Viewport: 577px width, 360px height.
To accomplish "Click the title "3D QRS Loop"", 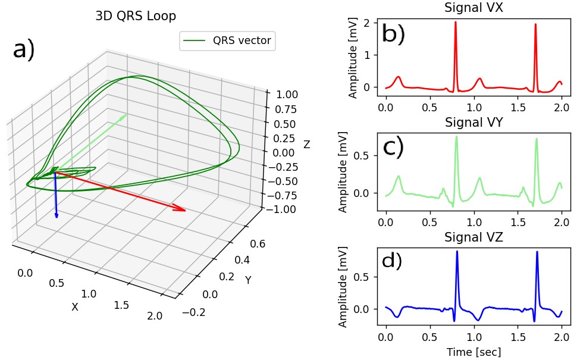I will [x=136, y=17].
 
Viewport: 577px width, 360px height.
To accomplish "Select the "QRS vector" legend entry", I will [x=227, y=40].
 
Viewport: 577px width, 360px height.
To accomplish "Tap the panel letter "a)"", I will [x=24, y=51].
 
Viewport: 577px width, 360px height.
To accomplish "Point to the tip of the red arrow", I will [x=186, y=211].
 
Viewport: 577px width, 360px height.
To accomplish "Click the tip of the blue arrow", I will [x=57, y=218].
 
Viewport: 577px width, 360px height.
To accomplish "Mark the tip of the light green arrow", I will [x=127, y=114].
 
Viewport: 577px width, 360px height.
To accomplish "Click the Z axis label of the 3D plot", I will [x=306, y=145].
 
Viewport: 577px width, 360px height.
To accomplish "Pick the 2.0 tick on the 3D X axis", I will [x=154, y=316].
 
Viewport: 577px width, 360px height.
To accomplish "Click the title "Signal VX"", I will [x=473, y=8].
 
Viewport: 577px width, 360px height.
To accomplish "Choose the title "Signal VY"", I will [x=473, y=123].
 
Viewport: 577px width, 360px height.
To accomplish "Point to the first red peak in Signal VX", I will [x=456, y=23].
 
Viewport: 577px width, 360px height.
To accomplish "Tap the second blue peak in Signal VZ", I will [x=537, y=252].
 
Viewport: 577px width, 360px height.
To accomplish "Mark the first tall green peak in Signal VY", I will [x=456, y=137].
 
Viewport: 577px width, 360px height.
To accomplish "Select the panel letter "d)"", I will [x=392, y=261].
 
